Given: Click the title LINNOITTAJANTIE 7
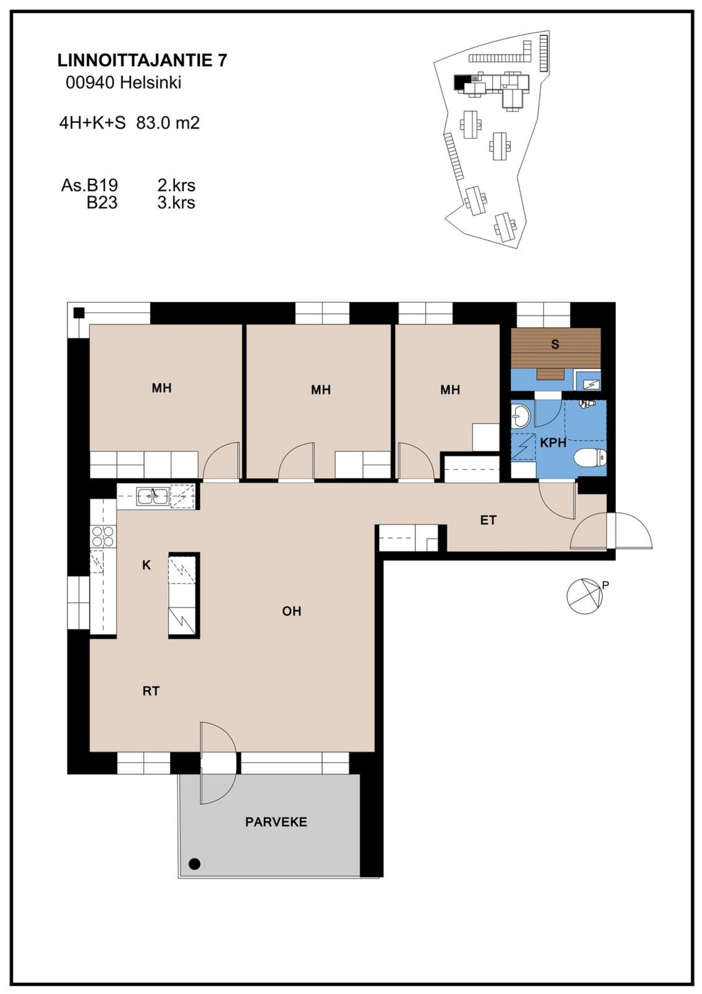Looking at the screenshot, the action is (x=142, y=60).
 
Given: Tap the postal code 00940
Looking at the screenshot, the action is (x=91, y=82).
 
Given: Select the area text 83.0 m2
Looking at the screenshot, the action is (x=168, y=122).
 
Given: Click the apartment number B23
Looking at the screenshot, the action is (x=102, y=202).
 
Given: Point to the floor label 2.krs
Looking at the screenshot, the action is (x=176, y=185).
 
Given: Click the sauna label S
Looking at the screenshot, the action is (x=555, y=345).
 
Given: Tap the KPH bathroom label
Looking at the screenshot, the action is (x=553, y=443).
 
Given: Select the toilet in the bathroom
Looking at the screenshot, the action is (x=590, y=458).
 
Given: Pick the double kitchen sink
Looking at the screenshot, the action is (x=153, y=496).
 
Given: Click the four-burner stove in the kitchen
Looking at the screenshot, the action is (x=103, y=536).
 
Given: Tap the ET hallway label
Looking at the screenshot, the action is (x=488, y=520).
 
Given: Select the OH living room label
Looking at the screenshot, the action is (x=292, y=611).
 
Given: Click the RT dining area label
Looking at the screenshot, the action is (x=151, y=691).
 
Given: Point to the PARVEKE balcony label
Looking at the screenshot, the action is (x=276, y=822).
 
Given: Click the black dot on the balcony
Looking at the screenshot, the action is (x=195, y=864).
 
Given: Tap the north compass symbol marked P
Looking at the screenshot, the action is (x=585, y=596).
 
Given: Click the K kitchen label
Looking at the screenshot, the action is (x=146, y=565).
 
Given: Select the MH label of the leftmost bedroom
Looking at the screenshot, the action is (x=161, y=388).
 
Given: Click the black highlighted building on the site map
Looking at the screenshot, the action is (x=459, y=82).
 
